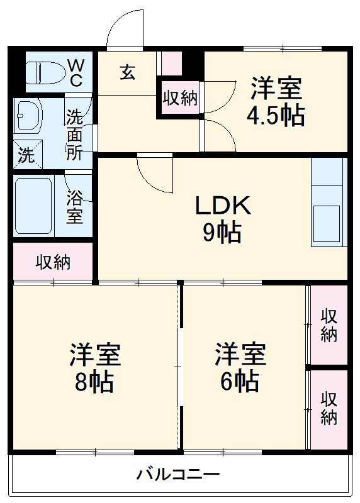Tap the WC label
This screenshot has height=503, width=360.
coord(76,72)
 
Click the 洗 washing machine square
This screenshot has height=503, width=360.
coord(26,155)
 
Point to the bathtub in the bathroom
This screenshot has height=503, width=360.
coord(33,205)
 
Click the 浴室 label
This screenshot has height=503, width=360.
coord(75,207)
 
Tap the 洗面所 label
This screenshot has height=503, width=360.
coord(75,134)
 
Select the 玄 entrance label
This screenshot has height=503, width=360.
coord(127,72)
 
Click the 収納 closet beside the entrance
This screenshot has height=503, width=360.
coord(180,97)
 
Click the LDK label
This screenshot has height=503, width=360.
coord(223,205)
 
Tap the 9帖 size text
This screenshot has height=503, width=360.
coord(222,233)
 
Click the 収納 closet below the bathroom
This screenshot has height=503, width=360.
coord(53,262)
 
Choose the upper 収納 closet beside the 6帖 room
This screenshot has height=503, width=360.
coord(329,324)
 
